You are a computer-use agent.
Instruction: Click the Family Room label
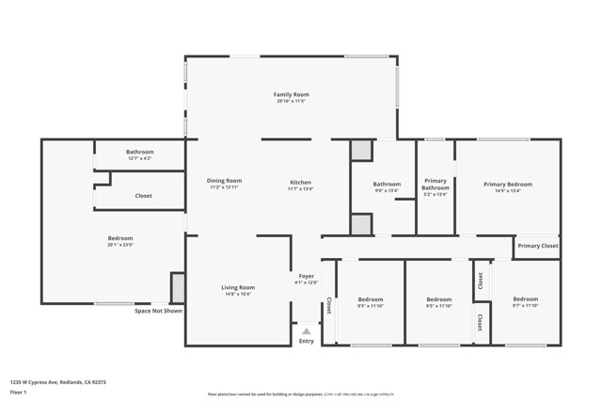tap(291, 94)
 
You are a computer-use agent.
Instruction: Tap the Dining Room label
tap(224, 180)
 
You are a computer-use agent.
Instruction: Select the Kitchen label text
tap(300, 182)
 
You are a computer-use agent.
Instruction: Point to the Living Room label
tap(238, 287)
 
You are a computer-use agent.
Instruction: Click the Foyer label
tap(307, 275)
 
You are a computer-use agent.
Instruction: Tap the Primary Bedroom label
tap(508, 184)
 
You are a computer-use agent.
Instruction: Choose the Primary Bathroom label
tap(436, 184)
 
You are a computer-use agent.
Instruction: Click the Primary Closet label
tap(537, 246)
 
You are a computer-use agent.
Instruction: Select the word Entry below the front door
tap(307, 341)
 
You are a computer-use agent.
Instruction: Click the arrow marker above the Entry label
tap(306, 330)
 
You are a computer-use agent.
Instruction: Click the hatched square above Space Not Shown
tap(177, 287)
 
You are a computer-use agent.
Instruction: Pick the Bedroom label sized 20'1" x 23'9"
tap(120, 238)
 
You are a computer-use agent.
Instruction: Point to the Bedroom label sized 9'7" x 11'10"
tap(526, 298)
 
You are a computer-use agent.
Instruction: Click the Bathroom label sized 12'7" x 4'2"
tap(139, 151)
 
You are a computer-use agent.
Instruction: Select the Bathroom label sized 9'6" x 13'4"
tap(387, 184)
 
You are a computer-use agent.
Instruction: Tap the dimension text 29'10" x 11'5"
tap(292, 101)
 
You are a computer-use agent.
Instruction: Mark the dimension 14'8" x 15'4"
tap(238, 294)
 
